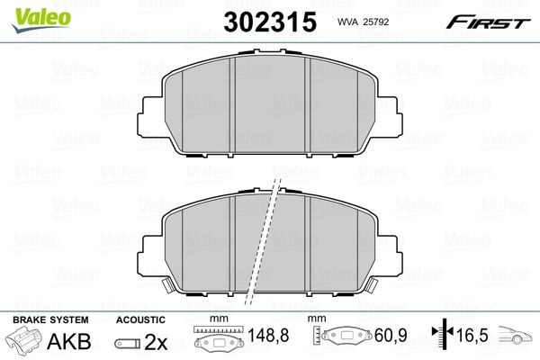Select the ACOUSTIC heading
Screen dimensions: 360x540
pos(140,319)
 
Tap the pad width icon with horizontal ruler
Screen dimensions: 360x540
pos(213,342)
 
